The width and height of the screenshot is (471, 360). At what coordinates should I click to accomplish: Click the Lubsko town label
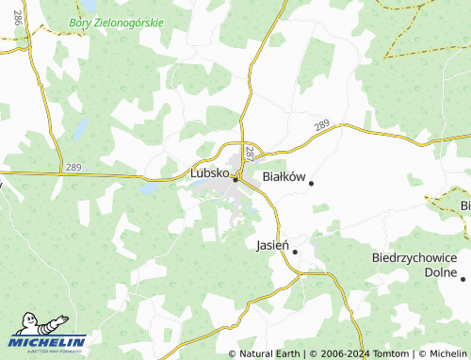[210, 173]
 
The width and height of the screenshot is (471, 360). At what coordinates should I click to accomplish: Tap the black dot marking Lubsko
[235, 179]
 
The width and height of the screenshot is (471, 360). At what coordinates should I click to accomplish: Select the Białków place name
[284, 176]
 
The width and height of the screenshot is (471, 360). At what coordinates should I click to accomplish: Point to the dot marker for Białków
[311, 183]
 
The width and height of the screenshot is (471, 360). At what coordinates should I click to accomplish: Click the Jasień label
[273, 245]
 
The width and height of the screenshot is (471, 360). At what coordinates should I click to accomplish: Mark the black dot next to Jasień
[295, 252]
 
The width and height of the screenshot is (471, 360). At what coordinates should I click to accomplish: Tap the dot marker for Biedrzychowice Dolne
[463, 278]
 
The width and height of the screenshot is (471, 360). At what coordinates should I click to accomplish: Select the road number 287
[250, 152]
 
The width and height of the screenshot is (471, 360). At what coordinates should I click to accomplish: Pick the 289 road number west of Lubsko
[73, 168]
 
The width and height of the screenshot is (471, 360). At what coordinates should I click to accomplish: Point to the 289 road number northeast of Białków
[323, 124]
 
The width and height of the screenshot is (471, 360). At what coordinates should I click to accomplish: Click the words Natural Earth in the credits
[270, 353]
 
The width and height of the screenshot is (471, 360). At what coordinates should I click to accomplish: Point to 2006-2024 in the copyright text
[340, 353]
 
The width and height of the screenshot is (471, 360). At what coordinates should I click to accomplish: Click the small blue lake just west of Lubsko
[148, 188]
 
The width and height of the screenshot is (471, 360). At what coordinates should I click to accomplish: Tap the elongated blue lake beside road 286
[80, 127]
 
